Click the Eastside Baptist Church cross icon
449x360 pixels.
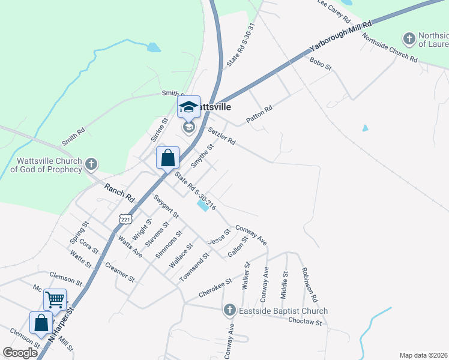click(x=229, y=310)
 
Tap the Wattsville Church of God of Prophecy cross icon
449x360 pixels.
click(x=91, y=164)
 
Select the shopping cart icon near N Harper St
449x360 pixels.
click(x=55, y=298)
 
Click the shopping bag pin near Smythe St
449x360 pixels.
click(x=168, y=158)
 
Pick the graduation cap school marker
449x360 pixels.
click(x=189, y=107)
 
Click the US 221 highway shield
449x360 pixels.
click(x=125, y=220)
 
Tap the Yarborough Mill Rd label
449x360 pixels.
click(x=340, y=37)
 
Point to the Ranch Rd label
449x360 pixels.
click(x=119, y=193)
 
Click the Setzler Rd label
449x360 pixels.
click(x=221, y=137)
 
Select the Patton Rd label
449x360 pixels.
click(x=259, y=115)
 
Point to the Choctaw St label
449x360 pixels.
click(x=305, y=322)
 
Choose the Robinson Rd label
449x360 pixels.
click(x=309, y=284)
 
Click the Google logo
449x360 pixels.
click(x=20, y=353)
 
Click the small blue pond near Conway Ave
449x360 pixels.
click(x=203, y=206)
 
